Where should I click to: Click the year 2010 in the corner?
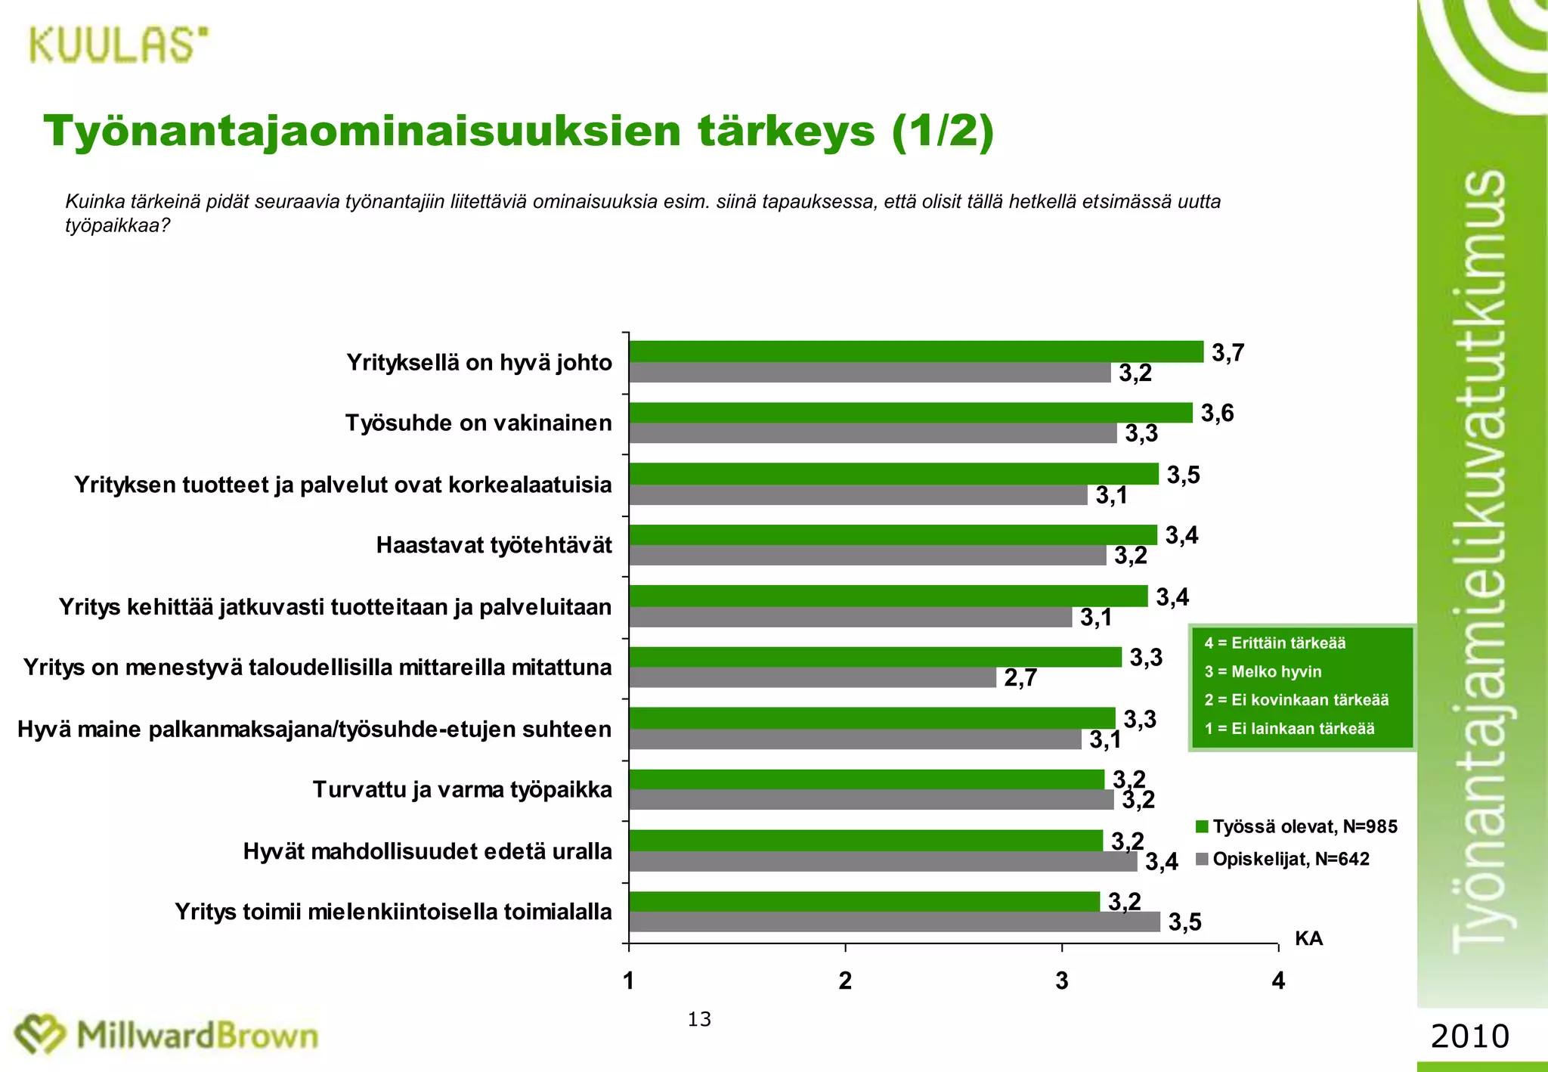pyautogui.click(x=1469, y=1036)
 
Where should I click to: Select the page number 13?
pyautogui.click(x=699, y=1020)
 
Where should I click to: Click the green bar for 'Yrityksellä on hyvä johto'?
pyautogui.click(x=915, y=352)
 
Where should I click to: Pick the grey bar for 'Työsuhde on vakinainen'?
pyautogui.click(x=872, y=433)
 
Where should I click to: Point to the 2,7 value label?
pyautogui.click(x=1020, y=678)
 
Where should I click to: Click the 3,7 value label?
pyautogui.click(x=1228, y=353)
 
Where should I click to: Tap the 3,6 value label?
pyautogui.click(x=1217, y=413)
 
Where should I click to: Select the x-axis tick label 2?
pyautogui.click(x=845, y=981)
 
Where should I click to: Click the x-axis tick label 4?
pyautogui.click(x=1278, y=981)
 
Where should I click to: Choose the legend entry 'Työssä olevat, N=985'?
pyautogui.click(x=1296, y=826)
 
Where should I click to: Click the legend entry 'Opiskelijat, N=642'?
pyautogui.click(x=1283, y=859)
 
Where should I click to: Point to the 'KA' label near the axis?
pyautogui.click(x=1308, y=938)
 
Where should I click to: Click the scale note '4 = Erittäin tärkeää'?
pyautogui.click(x=1275, y=643)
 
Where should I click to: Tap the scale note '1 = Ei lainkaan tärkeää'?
pyautogui.click(x=1289, y=729)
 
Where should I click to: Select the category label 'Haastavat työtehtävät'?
pyautogui.click(x=494, y=545)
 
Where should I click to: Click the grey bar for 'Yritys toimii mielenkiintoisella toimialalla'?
pyautogui.click(x=894, y=922)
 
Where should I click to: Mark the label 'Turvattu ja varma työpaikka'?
pyautogui.click(x=462, y=790)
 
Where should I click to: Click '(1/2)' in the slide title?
pyautogui.click(x=943, y=132)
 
